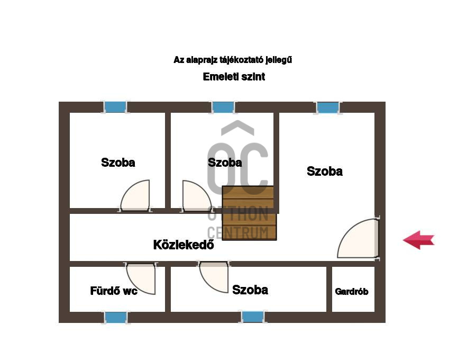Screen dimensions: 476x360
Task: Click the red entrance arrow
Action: pos(419,240)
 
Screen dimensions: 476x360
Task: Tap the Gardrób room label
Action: pos(352,292)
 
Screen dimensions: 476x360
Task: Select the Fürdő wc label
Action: pos(114,291)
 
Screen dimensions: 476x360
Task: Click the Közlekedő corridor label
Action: pos(184,245)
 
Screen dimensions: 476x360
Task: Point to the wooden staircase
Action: pos(249,213)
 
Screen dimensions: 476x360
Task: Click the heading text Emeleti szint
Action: pos(234,77)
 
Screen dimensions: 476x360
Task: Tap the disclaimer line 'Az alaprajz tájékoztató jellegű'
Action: pos(233,60)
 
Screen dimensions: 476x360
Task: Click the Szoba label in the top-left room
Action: pos(118,163)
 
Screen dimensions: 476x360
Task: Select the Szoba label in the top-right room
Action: pos(325,172)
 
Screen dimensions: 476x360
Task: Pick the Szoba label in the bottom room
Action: pos(250,290)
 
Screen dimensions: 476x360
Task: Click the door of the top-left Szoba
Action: pos(135,196)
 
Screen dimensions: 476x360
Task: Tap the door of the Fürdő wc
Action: pos(141,278)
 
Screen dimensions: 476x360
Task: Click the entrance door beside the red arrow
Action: pos(359,238)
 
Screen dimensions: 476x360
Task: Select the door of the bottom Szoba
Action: pos(214,277)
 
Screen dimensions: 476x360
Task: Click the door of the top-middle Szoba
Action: pos(197,196)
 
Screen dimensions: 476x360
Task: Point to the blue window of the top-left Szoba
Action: pos(115,107)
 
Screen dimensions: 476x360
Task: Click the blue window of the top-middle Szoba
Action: pos(223,107)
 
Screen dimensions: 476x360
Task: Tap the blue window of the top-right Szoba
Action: pos(328,107)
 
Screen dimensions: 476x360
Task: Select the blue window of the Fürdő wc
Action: pos(116,318)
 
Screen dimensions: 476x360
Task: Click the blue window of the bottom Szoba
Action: pos(253,317)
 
